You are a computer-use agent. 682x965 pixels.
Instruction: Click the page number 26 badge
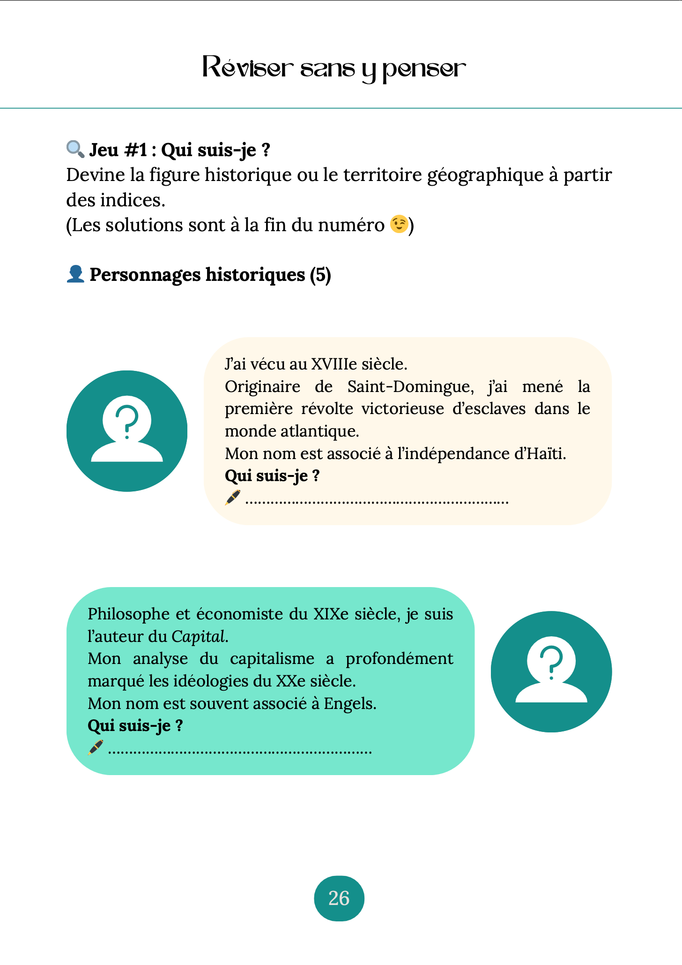[x=339, y=898]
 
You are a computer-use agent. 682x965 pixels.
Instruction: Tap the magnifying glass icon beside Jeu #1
[x=75, y=149]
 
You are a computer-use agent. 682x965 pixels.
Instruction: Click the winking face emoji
[x=399, y=224]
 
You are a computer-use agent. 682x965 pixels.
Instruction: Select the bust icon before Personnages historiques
[x=75, y=274]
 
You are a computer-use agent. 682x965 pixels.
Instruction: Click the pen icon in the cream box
[x=233, y=498]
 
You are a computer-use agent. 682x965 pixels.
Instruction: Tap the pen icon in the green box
[x=96, y=747]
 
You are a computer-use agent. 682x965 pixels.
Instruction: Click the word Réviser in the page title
[x=248, y=68]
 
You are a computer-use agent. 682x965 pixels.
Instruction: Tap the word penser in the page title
[x=424, y=69]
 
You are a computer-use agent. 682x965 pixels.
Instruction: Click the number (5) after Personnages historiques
[x=320, y=274]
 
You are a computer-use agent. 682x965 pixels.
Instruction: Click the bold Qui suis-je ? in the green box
[x=135, y=725]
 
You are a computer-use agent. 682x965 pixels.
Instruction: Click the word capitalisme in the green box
[x=272, y=658]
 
